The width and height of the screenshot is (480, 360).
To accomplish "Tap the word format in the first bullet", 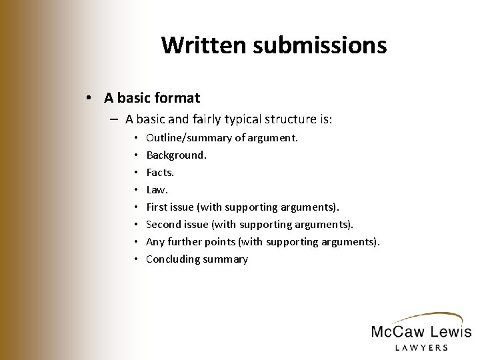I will [x=175, y=98].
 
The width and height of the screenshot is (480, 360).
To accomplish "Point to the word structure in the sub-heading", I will [x=310, y=120].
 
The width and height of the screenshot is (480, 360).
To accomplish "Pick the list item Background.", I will [x=176, y=155].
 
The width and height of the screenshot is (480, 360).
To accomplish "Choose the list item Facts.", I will [x=161, y=172].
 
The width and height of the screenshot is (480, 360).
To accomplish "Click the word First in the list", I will [x=157, y=207].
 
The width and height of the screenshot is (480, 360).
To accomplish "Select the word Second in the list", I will [x=164, y=224].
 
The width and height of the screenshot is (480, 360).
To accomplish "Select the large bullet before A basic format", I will [x=89, y=98].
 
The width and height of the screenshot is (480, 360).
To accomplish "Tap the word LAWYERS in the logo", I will [x=420, y=347].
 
